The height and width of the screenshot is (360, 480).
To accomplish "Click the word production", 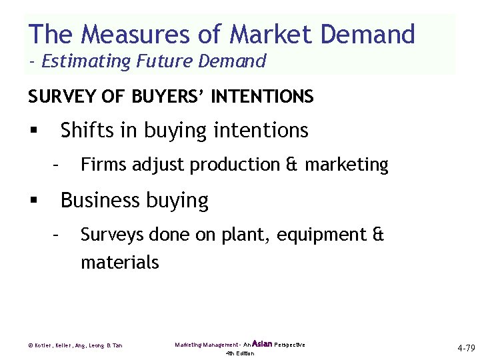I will coord(237,165).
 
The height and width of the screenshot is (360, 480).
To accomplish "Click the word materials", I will coord(120,263).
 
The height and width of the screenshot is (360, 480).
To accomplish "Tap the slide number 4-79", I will coord(466,348).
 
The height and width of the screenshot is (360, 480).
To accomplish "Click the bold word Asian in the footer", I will coord(262,344).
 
